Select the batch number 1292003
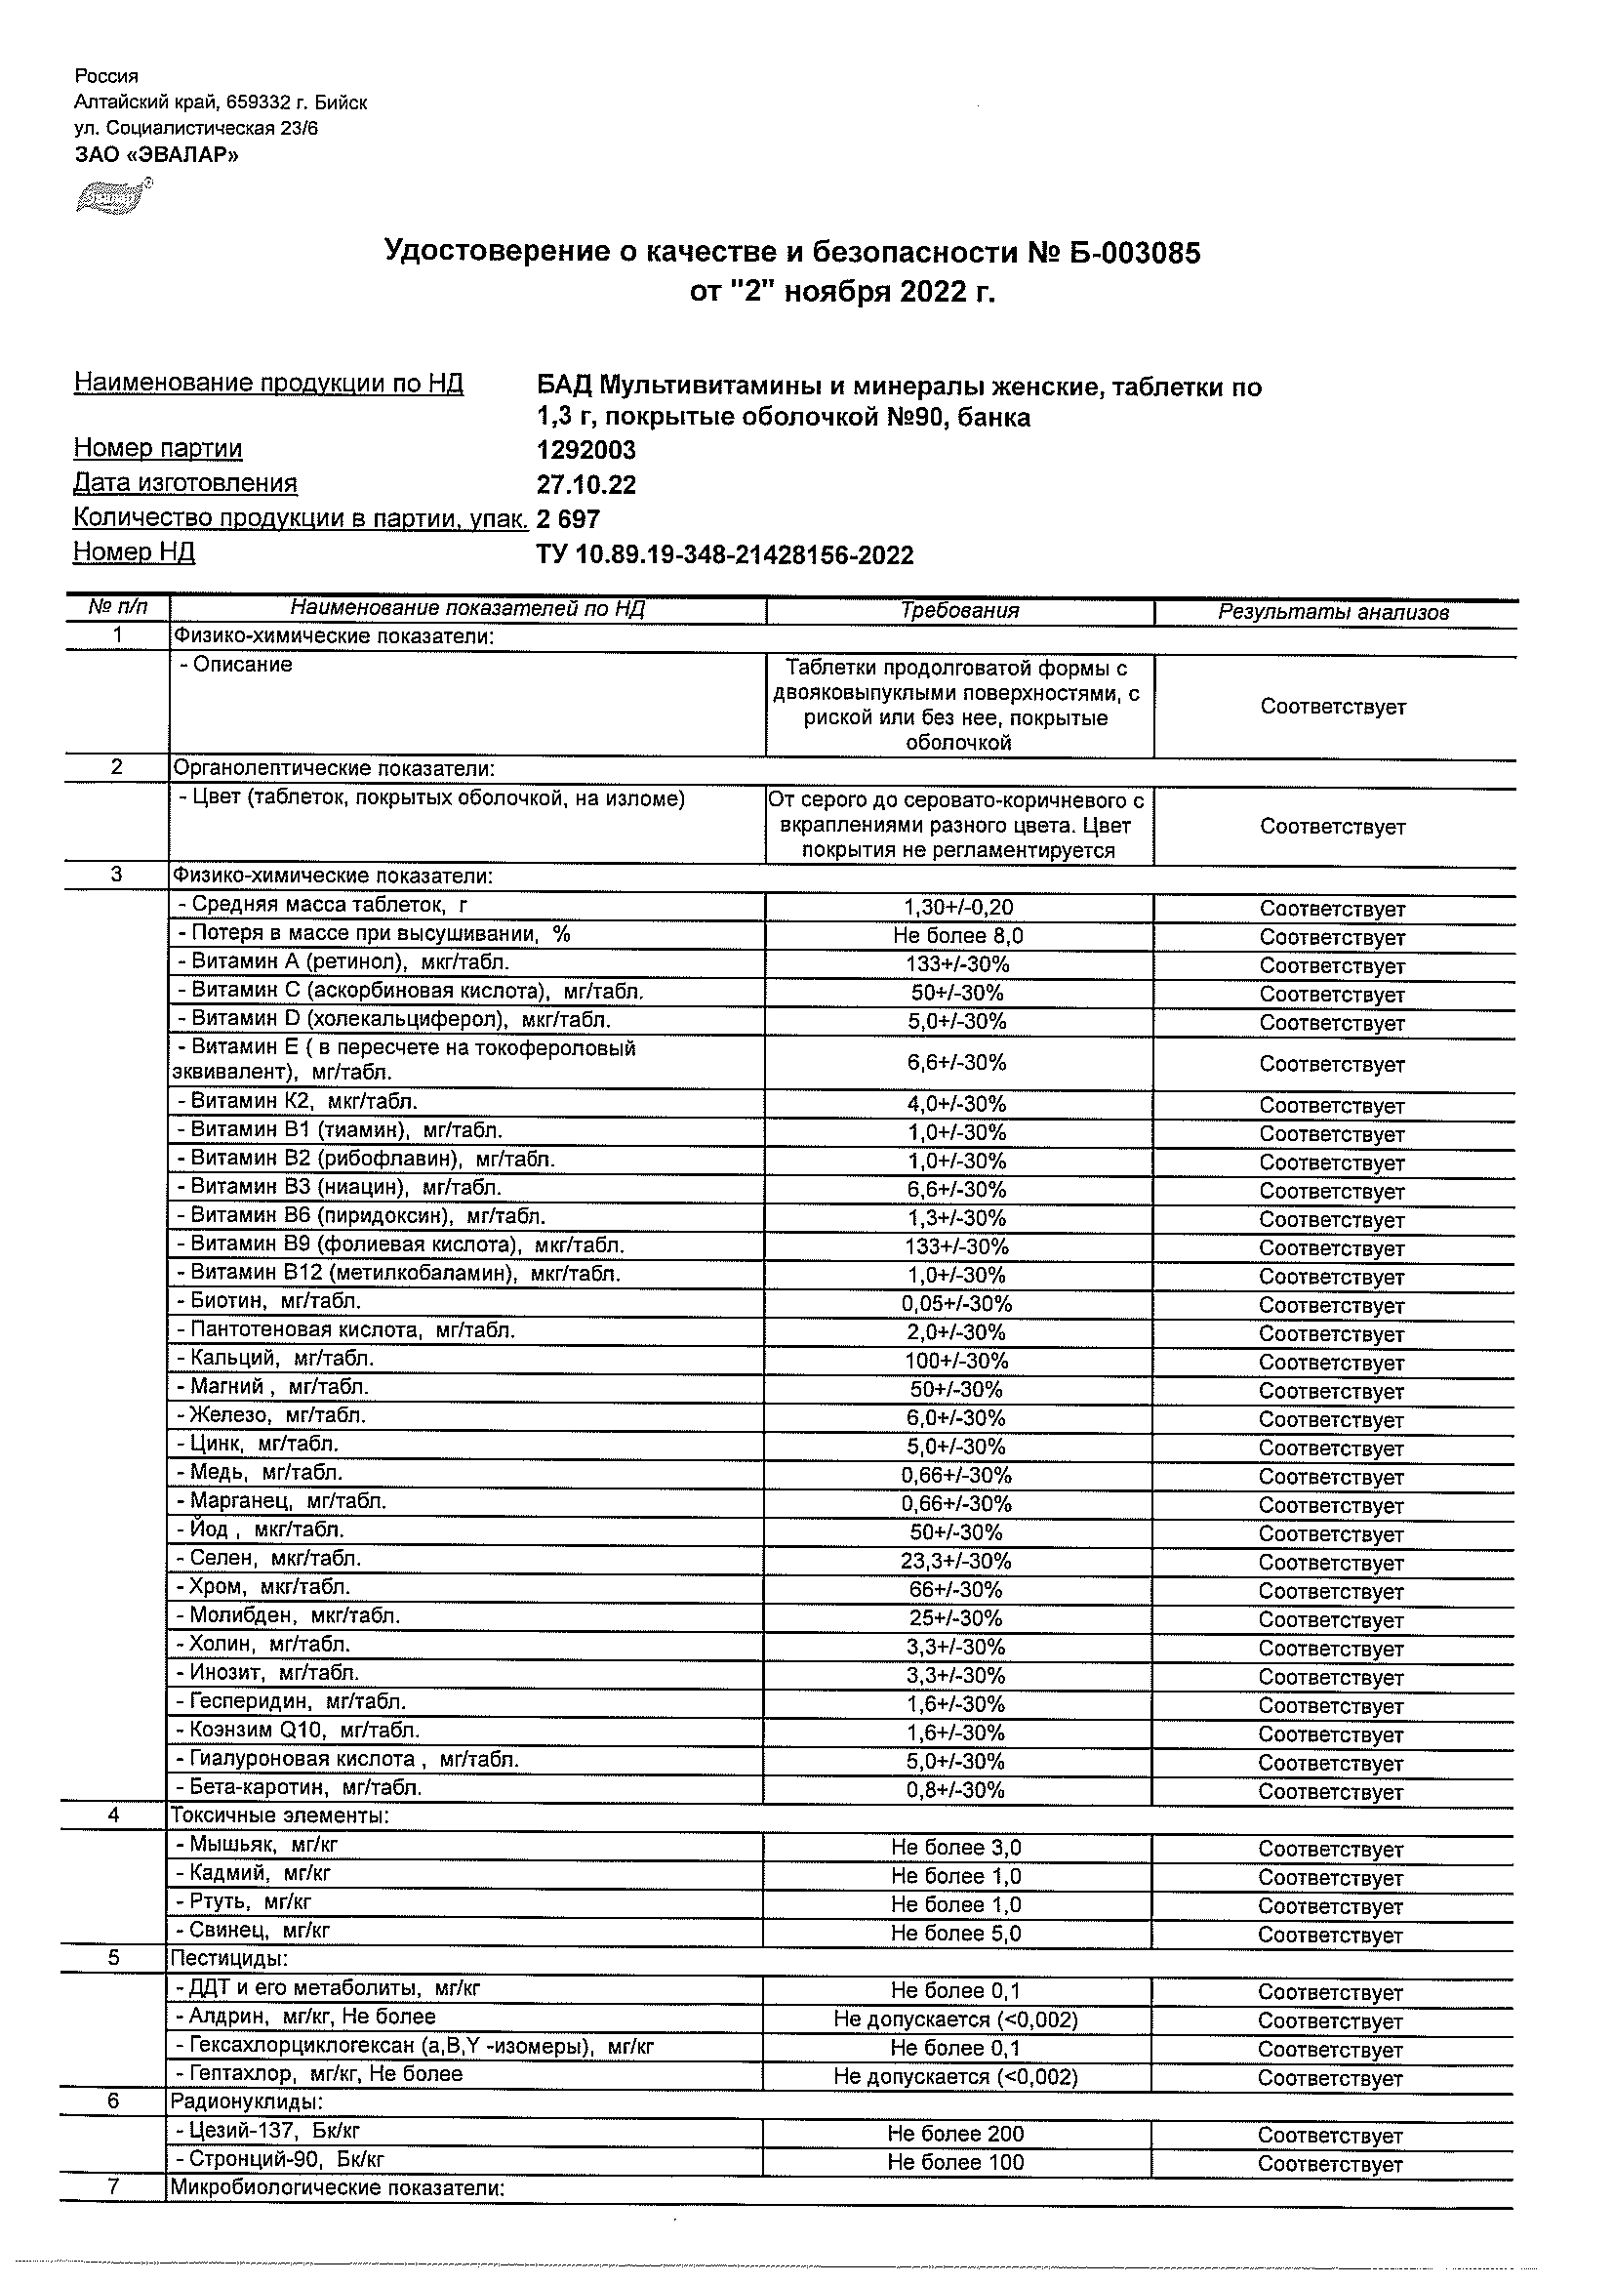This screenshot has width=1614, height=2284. pos(585,451)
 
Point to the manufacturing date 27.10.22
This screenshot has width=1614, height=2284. pos(585,485)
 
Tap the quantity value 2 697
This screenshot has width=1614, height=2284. pos(568,519)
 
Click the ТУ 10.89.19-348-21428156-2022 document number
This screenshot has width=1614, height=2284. pos(724,555)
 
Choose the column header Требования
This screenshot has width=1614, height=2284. pos(959,611)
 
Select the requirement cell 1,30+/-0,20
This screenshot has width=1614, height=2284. pos(958,907)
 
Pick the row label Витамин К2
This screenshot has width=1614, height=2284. pos(297,1101)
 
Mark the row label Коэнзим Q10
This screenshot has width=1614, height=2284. pos(298,1731)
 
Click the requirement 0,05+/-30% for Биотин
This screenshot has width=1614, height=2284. pos(956,1304)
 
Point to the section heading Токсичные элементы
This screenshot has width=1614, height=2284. pos(279,1815)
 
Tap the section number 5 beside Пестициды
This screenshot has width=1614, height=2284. pos(114,1958)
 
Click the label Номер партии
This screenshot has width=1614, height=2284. pos(158,449)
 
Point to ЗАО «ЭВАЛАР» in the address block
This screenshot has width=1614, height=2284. pos(156,154)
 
